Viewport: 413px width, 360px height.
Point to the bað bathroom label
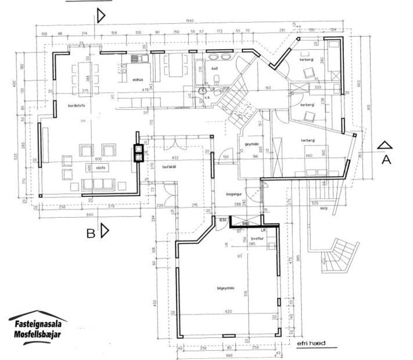(x=214, y=69)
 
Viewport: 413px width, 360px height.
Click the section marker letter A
(x=385, y=161)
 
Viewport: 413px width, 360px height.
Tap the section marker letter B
(x=91, y=233)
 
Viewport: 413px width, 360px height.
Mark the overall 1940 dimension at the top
(x=189, y=21)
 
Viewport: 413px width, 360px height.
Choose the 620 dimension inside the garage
(x=228, y=312)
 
